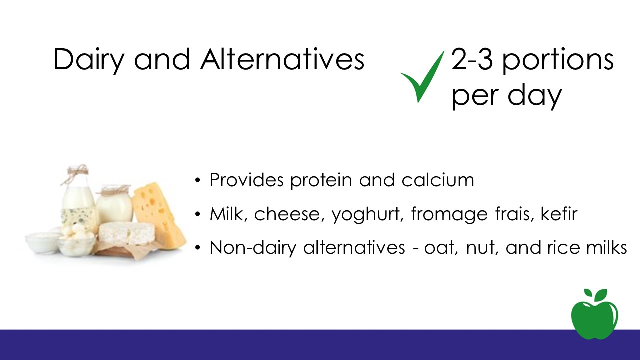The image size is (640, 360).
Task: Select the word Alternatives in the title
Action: click(282, 59)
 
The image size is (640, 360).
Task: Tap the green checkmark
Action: click(422, 77)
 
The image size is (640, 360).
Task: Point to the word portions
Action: click(558, 62)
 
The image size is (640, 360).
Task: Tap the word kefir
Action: click(559, 213)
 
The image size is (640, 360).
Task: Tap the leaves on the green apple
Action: click(595, 295)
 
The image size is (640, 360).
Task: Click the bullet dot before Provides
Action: click(197, 181)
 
